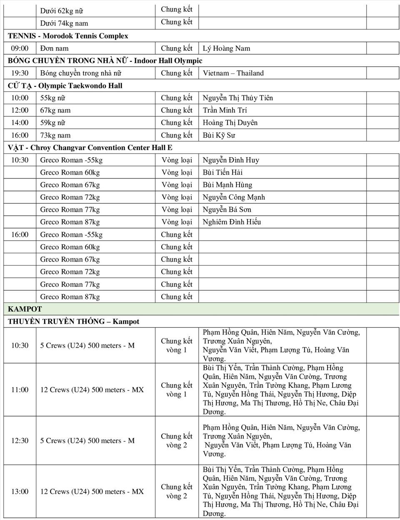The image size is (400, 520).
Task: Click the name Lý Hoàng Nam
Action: point(226,48)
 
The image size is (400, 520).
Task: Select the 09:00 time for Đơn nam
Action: point(20,48)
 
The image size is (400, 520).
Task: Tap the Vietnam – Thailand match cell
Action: point(233,73)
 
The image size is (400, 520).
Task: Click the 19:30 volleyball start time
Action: point(20,73)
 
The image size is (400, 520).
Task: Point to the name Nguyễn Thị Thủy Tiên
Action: point(237,98)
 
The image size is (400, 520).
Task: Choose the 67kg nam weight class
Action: point(55,111)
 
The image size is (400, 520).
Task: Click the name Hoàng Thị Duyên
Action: point(230,123)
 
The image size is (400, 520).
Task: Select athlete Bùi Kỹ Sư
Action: point(219,135)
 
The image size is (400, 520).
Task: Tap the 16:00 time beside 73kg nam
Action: point(20,135)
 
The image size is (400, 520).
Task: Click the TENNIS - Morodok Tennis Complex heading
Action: point(68,36)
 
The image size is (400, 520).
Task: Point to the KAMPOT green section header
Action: point(25,309)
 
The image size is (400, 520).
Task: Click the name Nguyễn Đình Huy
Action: point(231,160)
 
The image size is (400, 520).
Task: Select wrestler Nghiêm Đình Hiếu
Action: point(232,222)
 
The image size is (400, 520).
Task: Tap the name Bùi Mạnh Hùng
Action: point(227,185)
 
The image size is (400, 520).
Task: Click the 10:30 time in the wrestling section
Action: point(20,160)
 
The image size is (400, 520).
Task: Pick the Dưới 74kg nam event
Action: point(64,23)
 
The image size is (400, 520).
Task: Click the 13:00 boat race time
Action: point(20,492)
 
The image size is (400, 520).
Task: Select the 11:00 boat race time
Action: point(20,390)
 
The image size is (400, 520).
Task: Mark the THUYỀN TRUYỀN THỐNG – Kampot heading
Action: point(73,322)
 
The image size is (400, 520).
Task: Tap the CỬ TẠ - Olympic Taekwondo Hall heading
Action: point(65,85)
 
